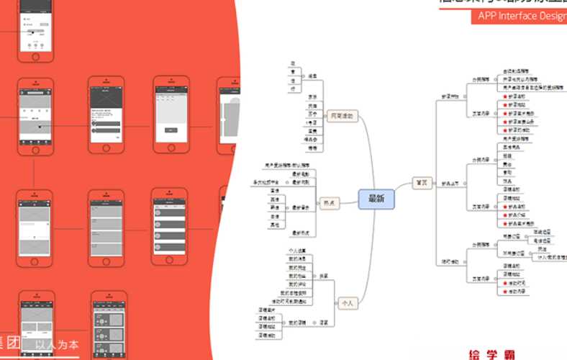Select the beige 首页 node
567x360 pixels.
coord(422,183)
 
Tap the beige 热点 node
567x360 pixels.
coord(332,203)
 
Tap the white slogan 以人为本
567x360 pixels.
coord(58,344)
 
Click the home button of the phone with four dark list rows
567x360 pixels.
coord(169,261)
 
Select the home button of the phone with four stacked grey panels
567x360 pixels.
coord(35,261)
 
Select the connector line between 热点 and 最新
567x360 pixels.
coord(350,202)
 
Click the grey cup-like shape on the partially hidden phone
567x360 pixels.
coord(231,116)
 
